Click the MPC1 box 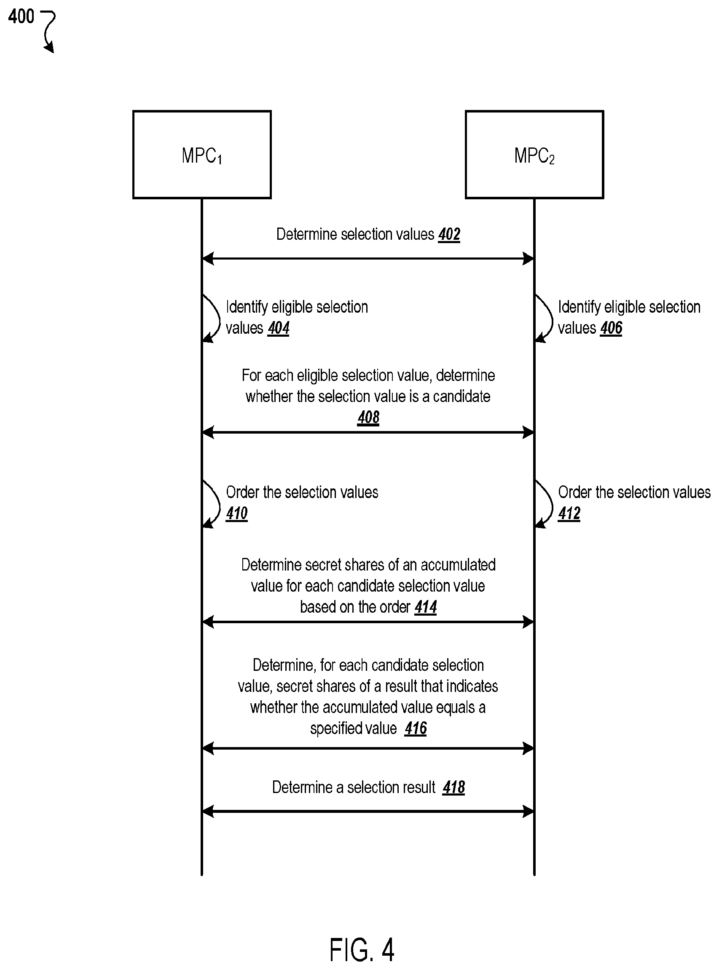[202, 155]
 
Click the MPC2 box [534, 155]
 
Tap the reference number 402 [449, 235]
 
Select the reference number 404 [279, 328]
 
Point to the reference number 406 [611, 328]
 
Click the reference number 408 [368, 417]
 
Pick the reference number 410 [237, 514]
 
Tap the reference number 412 [569, 514]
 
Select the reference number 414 [425, 607]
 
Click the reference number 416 [416, 729]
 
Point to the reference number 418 [453, 787]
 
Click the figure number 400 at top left [21, 17]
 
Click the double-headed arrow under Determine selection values [368, 258]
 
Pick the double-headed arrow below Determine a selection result [368, 811]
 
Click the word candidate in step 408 [462, 397]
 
